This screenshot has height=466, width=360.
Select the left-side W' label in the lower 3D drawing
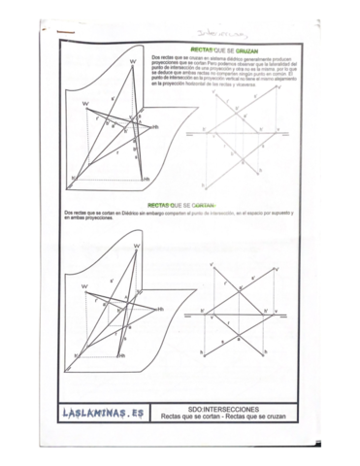tap(85, 286)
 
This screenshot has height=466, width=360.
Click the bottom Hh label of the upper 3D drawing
tap(147, 180)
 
